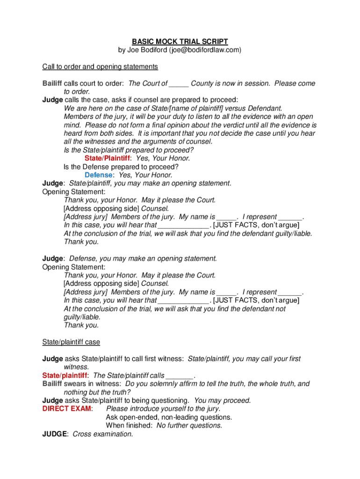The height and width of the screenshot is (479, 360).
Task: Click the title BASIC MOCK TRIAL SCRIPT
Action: click(x=180, y=42)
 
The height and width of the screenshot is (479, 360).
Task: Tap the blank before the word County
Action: click(x=179, y=84)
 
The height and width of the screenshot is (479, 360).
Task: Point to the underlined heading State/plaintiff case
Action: click(x=71, y=342)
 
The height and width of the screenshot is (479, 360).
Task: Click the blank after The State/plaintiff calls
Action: click(x=180, y=376)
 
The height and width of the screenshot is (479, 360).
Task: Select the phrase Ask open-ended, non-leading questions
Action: click(x=169, y=417)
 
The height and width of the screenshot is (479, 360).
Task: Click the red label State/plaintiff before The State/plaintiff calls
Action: click(x=65, y=376)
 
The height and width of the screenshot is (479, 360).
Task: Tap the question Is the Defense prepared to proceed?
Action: click(x=121, y=167)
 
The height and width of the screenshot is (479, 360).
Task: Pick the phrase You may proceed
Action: click(x=223, y=400)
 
